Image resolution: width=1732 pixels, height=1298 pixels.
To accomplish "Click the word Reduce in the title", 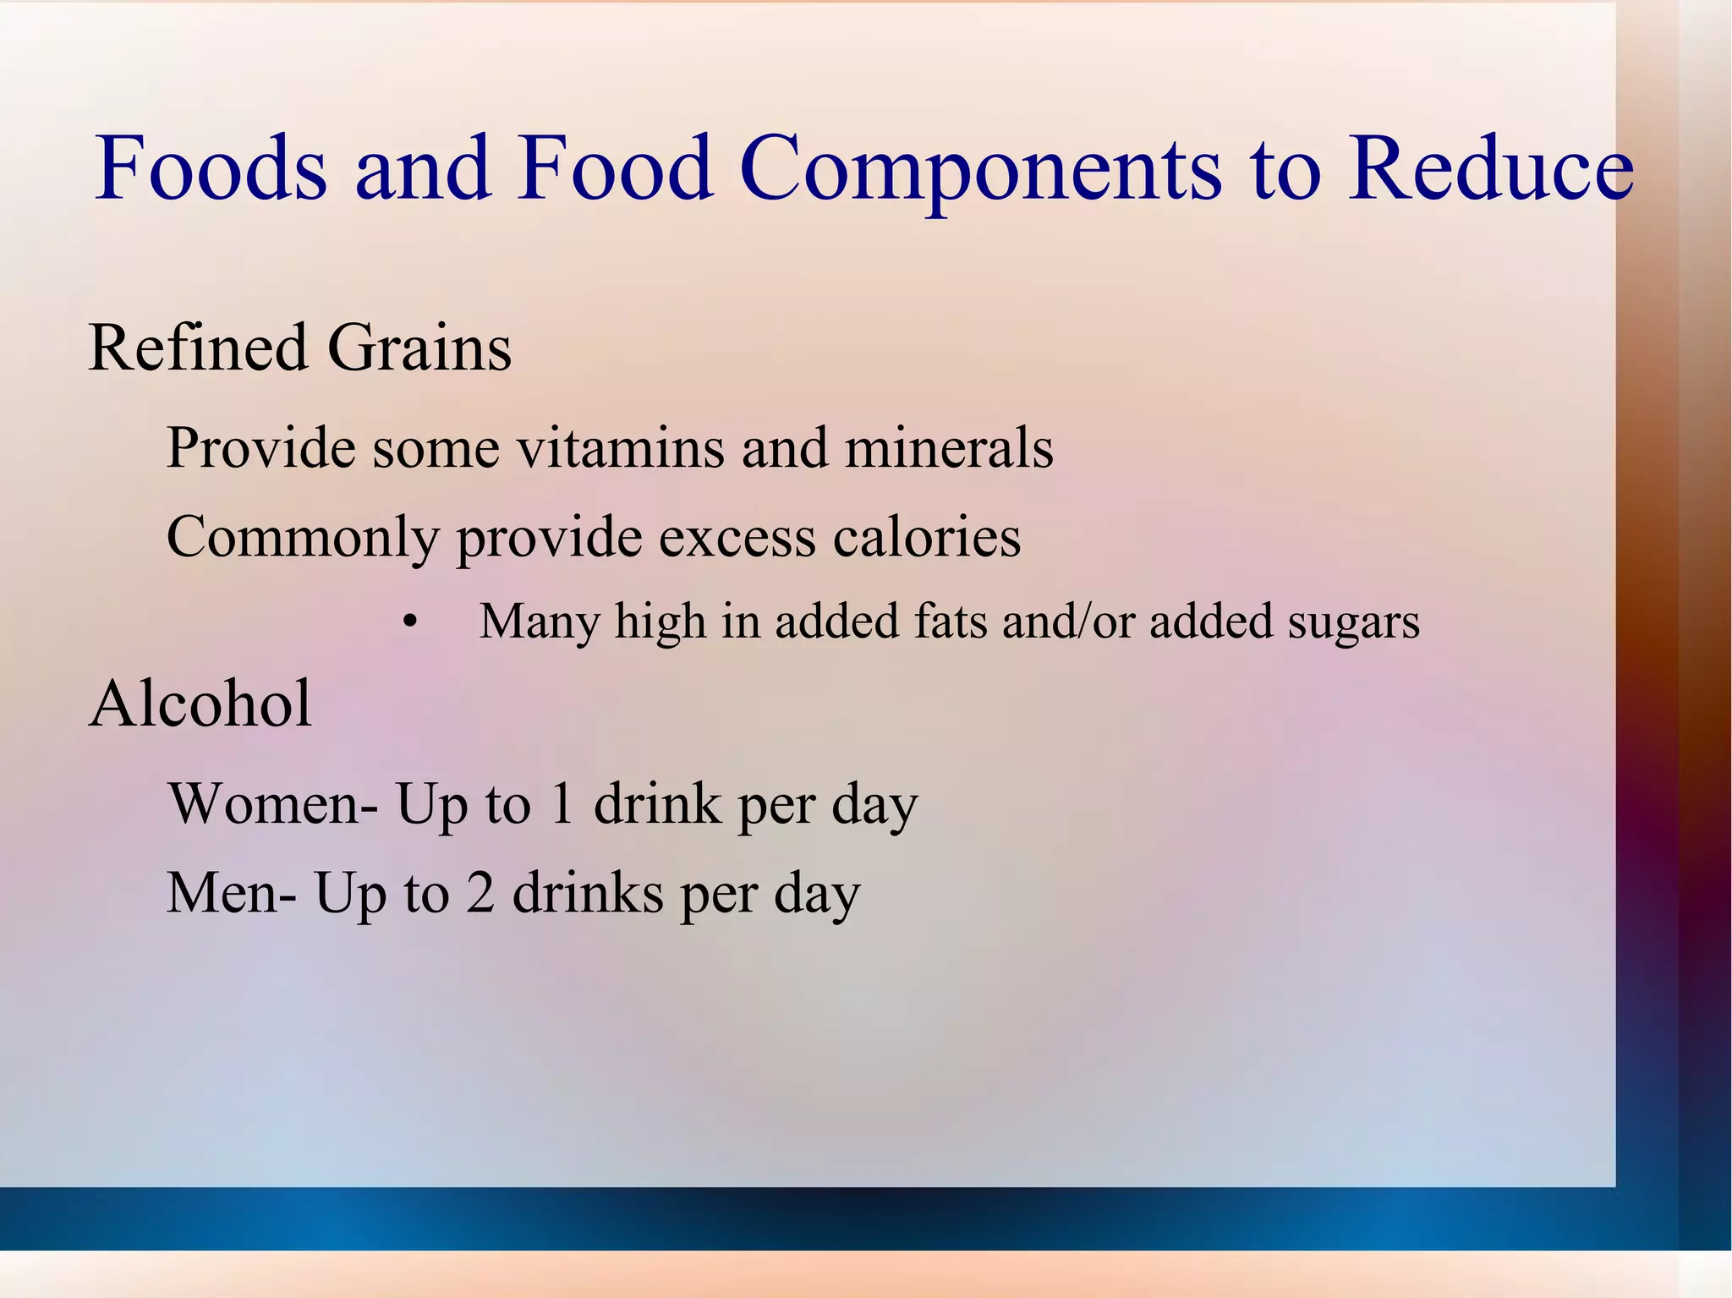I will click(x=1490, y=168).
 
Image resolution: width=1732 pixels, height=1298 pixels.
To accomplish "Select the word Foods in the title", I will click(x=211, y=168).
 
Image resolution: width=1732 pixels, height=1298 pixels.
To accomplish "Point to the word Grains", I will click(x=419, y=348).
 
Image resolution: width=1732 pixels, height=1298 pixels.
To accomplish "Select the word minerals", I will click(x=949, y=447).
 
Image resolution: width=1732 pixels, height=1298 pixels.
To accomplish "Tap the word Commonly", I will click(x=303, y=538).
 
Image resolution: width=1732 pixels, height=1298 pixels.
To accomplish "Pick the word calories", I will click(x=927, y=538).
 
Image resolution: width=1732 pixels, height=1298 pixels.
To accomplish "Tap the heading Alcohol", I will click(x=200, y=704).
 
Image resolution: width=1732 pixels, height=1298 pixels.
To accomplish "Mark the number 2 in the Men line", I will click(x=480, y=893).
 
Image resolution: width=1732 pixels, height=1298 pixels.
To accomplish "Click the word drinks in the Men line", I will click(x=588, y=893).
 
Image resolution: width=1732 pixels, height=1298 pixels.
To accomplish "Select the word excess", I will click(x=737, y=538).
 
